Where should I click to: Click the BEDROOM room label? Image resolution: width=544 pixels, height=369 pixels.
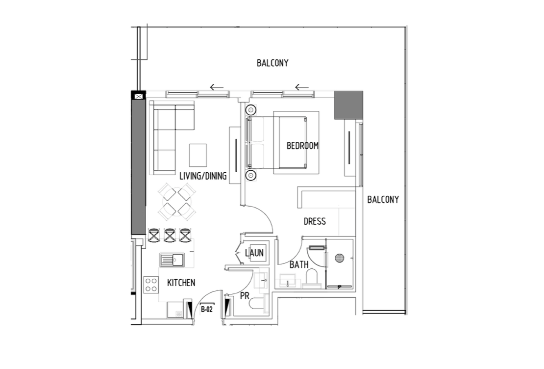click(x=302, y=146)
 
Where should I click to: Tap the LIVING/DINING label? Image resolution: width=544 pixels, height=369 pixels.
click(x=203, y=176)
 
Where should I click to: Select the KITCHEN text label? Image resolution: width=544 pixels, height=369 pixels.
click(x=181, y=283)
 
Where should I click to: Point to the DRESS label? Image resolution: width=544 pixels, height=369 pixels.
click(x=315, y=221)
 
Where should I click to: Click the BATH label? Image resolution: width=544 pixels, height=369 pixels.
click(x=299, y=265)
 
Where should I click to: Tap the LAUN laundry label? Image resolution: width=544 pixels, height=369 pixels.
click(x=254, y=253)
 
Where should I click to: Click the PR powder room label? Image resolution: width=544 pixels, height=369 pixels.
click(x=245, y=296)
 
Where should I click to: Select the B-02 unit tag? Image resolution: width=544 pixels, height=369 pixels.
click(x=207, y=309)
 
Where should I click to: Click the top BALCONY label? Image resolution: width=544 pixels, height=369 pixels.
click(x=272, y=63)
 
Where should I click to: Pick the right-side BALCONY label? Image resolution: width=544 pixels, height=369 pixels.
click(x=383, y=199)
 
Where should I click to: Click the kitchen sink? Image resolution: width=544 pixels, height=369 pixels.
click(x=172, y=260)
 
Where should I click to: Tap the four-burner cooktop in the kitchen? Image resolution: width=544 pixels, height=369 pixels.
click(x=151, y=285)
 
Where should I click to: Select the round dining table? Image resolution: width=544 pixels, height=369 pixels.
click(x=177, y=202)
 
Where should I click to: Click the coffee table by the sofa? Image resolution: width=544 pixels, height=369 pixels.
click(x=198, y=155)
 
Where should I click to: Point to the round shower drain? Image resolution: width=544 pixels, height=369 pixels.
click(x=339, y=258)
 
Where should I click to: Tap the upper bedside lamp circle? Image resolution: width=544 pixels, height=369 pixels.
click(x=251, y=110)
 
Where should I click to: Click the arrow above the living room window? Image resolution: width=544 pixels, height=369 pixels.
click(x=217, y=87)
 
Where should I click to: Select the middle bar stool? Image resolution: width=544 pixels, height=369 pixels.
click(x=169, y=235)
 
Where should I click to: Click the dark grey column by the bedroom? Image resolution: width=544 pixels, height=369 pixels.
click(x=348, y=105)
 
